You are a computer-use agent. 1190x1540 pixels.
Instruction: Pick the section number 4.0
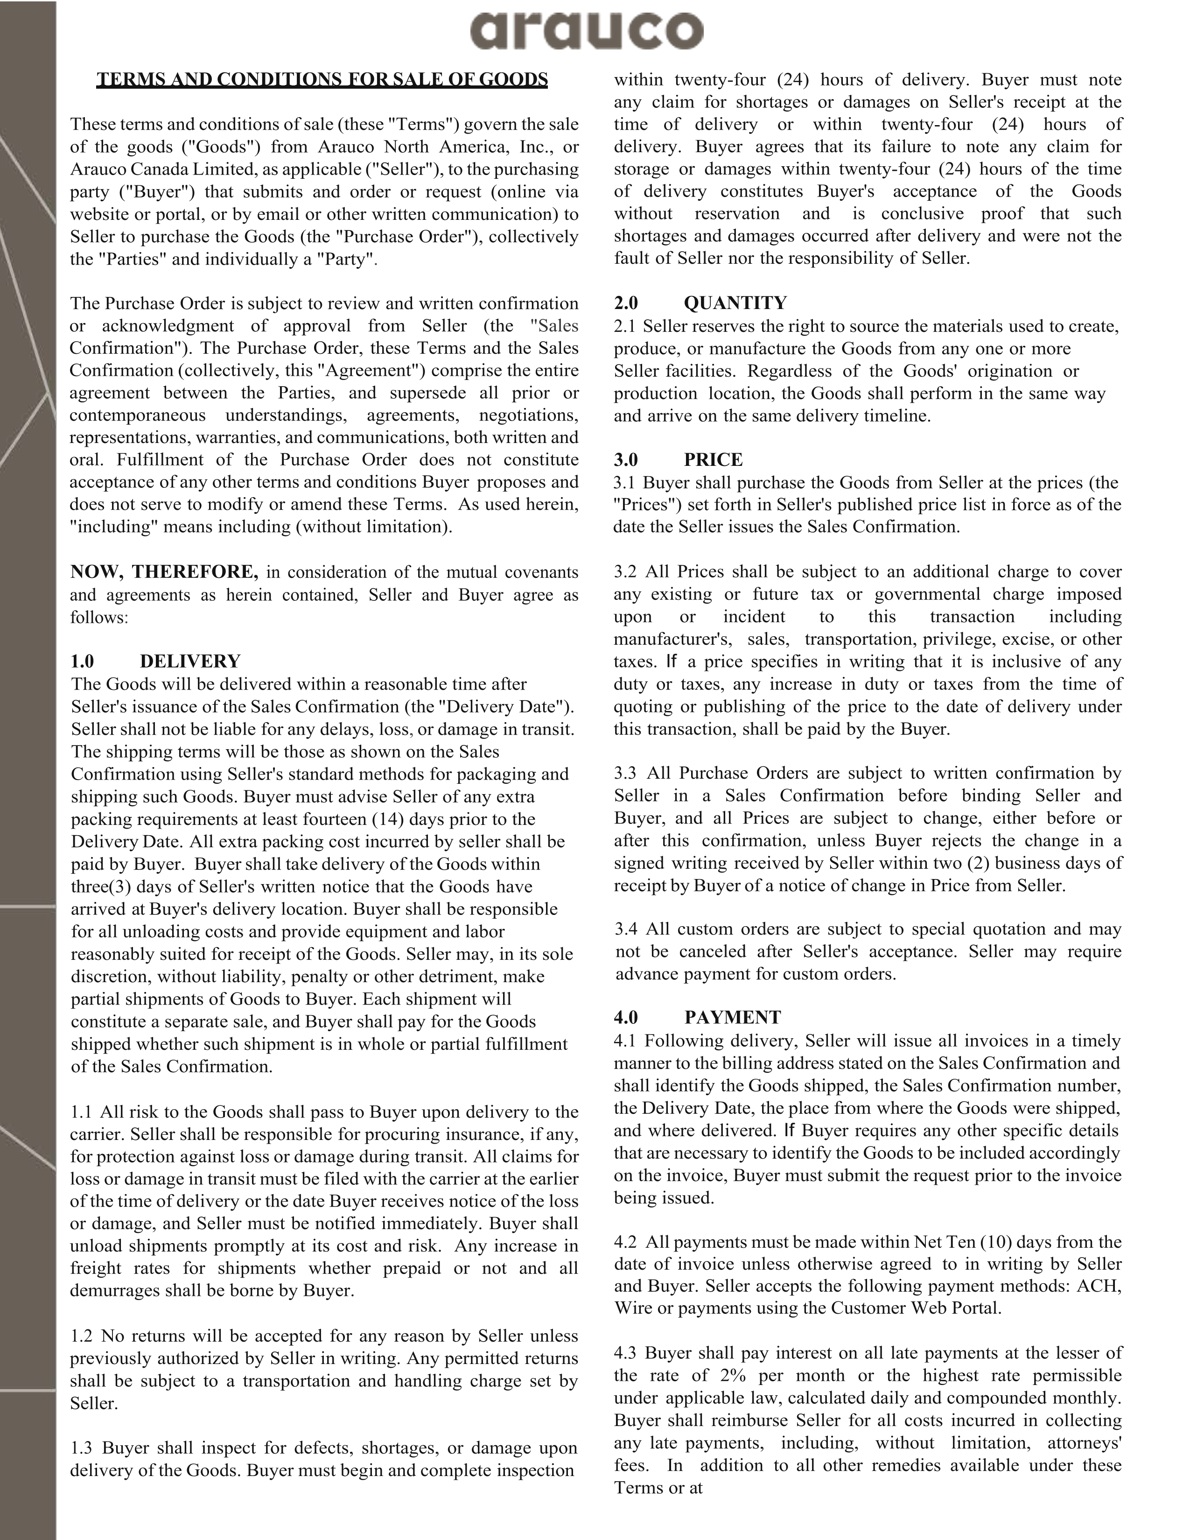625,1017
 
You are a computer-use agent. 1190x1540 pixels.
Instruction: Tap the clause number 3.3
625,773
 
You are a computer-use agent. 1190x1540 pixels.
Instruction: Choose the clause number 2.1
625,326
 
